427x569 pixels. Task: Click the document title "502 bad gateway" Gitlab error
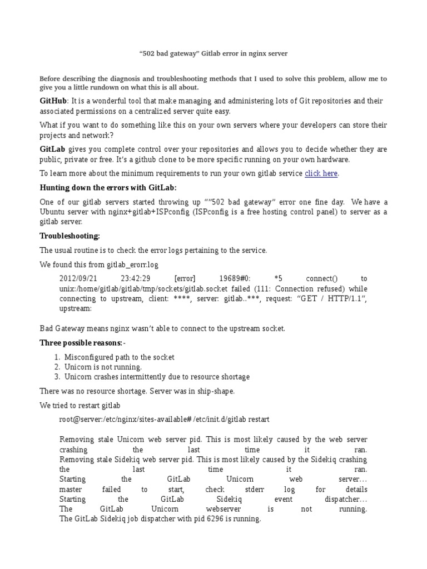pos(213,53)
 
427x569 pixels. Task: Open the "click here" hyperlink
pos(321,173)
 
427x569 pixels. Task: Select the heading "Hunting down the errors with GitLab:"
pos(108,187)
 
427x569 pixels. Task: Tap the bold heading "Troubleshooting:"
pos(70,236)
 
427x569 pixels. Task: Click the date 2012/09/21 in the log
pos(78,278)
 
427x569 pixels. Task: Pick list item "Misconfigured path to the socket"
pos(120,357)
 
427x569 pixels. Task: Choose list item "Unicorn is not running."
pos(103,367)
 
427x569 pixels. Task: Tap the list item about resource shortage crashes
pos(157,377)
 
